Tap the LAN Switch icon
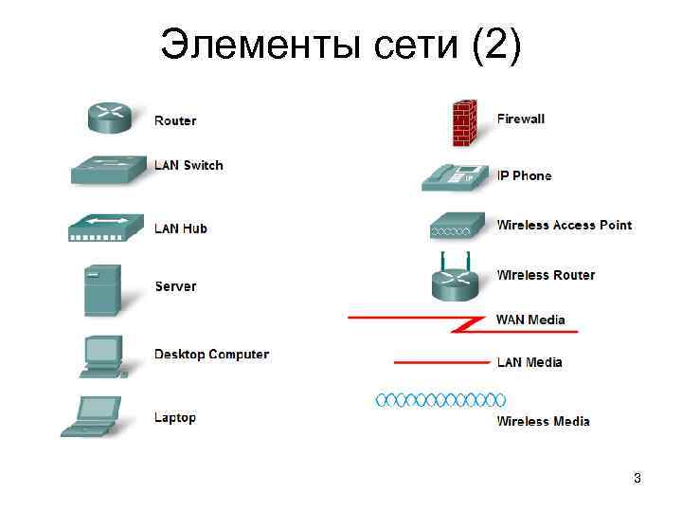click(x=109, y=170)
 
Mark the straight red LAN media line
click(x=440, y=362)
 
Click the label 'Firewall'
click(x=521, y=119)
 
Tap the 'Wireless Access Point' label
click(x=564, y=225)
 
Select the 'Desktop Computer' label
click(x=211, y=355)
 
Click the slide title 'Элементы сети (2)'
click(x=340, y=44)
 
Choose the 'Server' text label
click(x=175, y=286)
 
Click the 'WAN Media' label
click(x=530, y=320)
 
